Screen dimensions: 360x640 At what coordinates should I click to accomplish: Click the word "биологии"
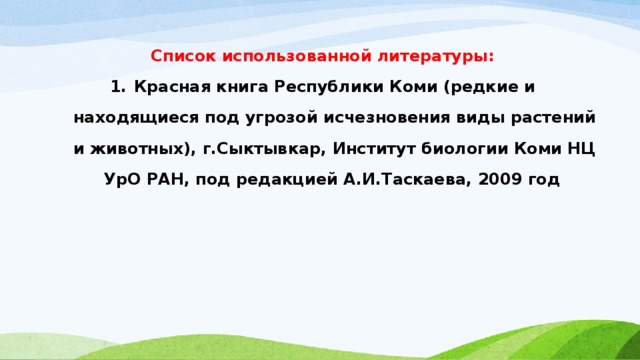(x=468, y=150)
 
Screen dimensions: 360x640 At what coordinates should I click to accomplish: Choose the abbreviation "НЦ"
(x=581, y=150)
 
